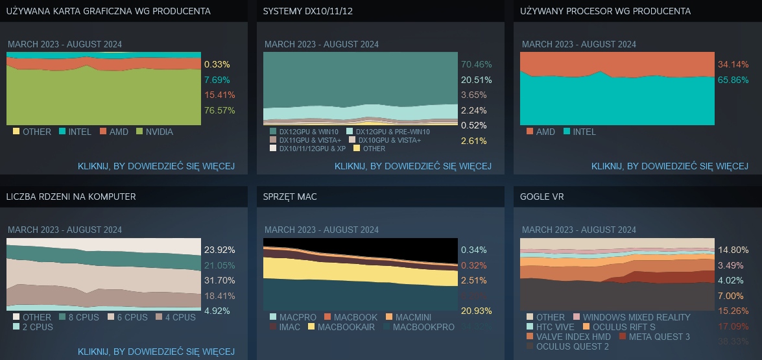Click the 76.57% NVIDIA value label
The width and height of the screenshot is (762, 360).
tap(219, 110)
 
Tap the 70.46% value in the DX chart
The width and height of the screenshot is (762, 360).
tap(476, 64)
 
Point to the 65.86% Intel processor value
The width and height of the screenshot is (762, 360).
tap(733, 80)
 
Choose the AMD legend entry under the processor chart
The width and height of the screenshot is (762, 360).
tap(540, 132)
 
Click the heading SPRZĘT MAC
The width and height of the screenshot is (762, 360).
tap(290, 197)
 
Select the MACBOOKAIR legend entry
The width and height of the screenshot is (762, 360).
tap(340, 327)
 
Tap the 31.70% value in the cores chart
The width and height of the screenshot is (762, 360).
tap(219, 280)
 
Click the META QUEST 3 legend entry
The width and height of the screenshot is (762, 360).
tap(654, 337)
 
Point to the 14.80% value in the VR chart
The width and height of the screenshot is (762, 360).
tap(733, 250)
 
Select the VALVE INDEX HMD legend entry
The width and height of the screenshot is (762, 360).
tap(564, 337)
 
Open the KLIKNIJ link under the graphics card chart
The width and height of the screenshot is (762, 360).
tap(156, 166)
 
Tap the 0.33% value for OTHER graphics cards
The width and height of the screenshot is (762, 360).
tap(217, 64)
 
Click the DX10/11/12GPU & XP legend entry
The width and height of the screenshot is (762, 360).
tap(307, 149)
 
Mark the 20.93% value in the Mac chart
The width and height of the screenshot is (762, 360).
tap(476, 311)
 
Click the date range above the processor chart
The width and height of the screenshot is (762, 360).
tap(578, 44)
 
